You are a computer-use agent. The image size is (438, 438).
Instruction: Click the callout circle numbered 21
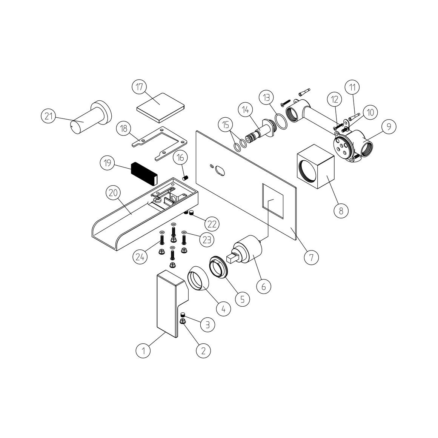(49, 116)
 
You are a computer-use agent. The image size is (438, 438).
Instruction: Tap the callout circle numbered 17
(139, 87)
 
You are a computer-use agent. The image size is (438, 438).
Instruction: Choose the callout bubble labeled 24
(140, 256)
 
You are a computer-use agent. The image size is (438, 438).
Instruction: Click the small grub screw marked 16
(186, 178)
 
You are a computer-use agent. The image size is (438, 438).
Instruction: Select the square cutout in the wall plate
(273, 201)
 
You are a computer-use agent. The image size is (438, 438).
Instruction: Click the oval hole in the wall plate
(220, 171)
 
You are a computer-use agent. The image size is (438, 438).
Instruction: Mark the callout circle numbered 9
(388, 127)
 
